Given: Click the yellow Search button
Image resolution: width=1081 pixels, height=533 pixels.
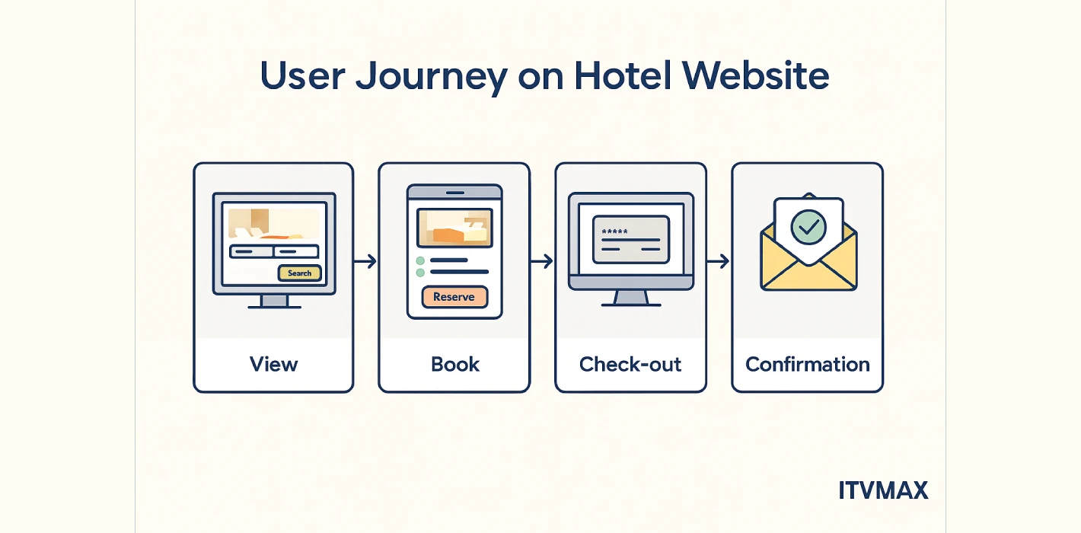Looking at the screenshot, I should coord(300,273).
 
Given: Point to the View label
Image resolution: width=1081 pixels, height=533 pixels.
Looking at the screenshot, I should coord(273,364).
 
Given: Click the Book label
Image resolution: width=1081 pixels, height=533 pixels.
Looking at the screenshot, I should coord(455,364).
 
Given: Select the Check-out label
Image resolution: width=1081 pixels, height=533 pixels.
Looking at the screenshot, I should coord(630,364).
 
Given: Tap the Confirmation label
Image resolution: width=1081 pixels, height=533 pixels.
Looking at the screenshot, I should coord(808,364).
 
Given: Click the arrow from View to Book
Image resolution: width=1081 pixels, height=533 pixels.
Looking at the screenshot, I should coord(366,261).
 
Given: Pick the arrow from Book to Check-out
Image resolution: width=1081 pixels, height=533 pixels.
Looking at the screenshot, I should coord(542,261).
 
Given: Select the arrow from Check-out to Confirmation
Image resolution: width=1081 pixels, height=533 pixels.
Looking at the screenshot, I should coord(719,261).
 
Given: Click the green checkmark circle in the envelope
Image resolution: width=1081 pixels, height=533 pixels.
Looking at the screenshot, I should coord(808,227).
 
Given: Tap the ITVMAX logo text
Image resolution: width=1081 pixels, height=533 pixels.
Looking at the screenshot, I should coord(883,490).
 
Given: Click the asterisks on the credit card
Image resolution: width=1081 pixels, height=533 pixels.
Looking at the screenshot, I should coord(614,231).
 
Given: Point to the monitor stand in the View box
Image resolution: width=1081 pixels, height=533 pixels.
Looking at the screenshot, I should coord(273,301).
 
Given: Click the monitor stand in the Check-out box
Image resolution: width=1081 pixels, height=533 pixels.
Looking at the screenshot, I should coord(631,298).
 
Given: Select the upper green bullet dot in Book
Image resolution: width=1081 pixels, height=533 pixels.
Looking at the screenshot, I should coord(419,260).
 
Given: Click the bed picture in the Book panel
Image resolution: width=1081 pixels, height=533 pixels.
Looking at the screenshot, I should coord(454,228).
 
